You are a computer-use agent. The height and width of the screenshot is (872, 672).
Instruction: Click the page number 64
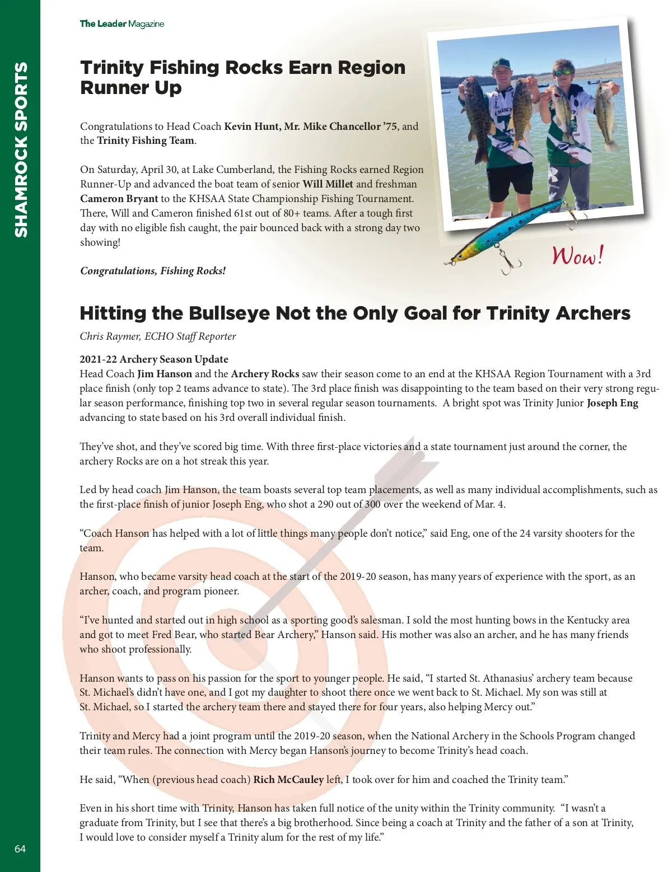click(20, 848)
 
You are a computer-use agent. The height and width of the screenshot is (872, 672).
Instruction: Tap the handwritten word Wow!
click(578, 255)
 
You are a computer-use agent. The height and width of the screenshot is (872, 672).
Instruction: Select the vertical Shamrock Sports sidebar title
click(21, 149)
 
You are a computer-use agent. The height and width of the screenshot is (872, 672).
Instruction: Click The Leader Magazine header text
click(122, 24)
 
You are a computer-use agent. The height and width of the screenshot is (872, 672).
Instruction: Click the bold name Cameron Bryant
click(119, 199)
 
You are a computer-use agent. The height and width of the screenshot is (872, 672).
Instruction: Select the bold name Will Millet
click(328, 184)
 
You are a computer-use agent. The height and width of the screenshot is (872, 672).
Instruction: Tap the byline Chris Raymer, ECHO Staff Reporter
click(158, 336)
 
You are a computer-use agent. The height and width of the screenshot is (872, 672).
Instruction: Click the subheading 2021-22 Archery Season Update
click(154, 359)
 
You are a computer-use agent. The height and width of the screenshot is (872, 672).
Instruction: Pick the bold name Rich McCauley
click(288, 780)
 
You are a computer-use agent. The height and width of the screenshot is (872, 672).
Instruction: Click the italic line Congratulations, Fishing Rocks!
click(153, 271)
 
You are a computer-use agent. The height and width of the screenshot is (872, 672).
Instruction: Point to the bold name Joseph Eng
click(612, 403)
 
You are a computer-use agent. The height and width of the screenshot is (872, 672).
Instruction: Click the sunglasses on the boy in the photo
click(563, 72)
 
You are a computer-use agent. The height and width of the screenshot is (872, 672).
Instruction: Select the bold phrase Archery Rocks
click(265, 374)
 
